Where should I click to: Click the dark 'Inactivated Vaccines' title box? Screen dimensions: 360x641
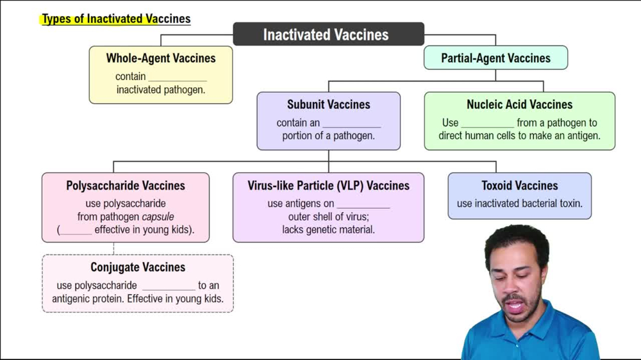pos(328,34)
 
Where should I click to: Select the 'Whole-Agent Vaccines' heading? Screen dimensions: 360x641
pos(161,58)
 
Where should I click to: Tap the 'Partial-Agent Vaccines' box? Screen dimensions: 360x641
pos(495,58)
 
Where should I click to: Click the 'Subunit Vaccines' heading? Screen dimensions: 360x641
pos(328,104)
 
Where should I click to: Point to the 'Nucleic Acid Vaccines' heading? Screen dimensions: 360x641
pos(519,104)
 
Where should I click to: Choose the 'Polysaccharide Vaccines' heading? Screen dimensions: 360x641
pos(126,186)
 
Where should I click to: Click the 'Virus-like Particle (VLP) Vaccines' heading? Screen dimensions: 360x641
pos(328,186)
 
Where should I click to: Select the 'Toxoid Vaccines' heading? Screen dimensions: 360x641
pos(519,186)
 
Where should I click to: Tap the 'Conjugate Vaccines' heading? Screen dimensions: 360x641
pos(138,267)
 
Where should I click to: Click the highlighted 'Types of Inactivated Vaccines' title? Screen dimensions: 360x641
pos(116,19)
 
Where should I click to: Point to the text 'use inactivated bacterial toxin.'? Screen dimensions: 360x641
pos(519,204)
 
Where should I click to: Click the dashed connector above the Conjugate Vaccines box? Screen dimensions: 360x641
pos(114,249)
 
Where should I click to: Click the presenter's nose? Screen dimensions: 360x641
pos(520,287)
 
